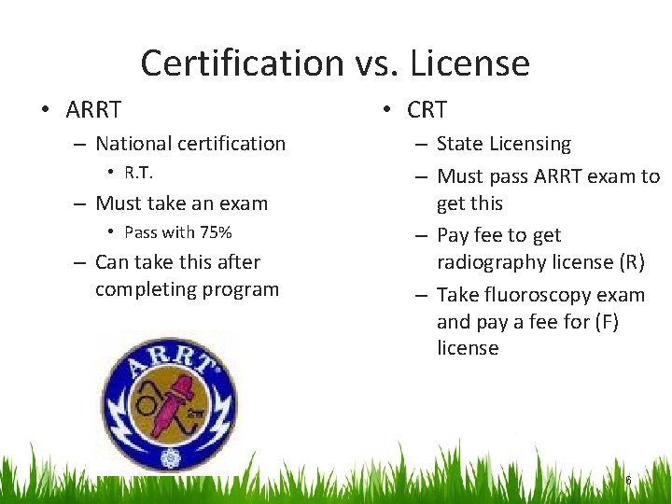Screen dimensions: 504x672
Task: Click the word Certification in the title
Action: [x=241, y=63]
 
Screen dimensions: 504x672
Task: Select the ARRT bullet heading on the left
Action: [x=93, y=109]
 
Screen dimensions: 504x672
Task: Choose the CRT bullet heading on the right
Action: [x=427, y=109]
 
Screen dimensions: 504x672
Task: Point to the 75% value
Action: [x=213, y=232]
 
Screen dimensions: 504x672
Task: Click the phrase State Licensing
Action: [x=503, y=144]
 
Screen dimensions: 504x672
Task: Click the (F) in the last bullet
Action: [x=605, y=322]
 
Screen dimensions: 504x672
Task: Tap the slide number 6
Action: [x=628, y=481]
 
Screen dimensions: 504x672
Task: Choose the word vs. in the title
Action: [x=377, y=63]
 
